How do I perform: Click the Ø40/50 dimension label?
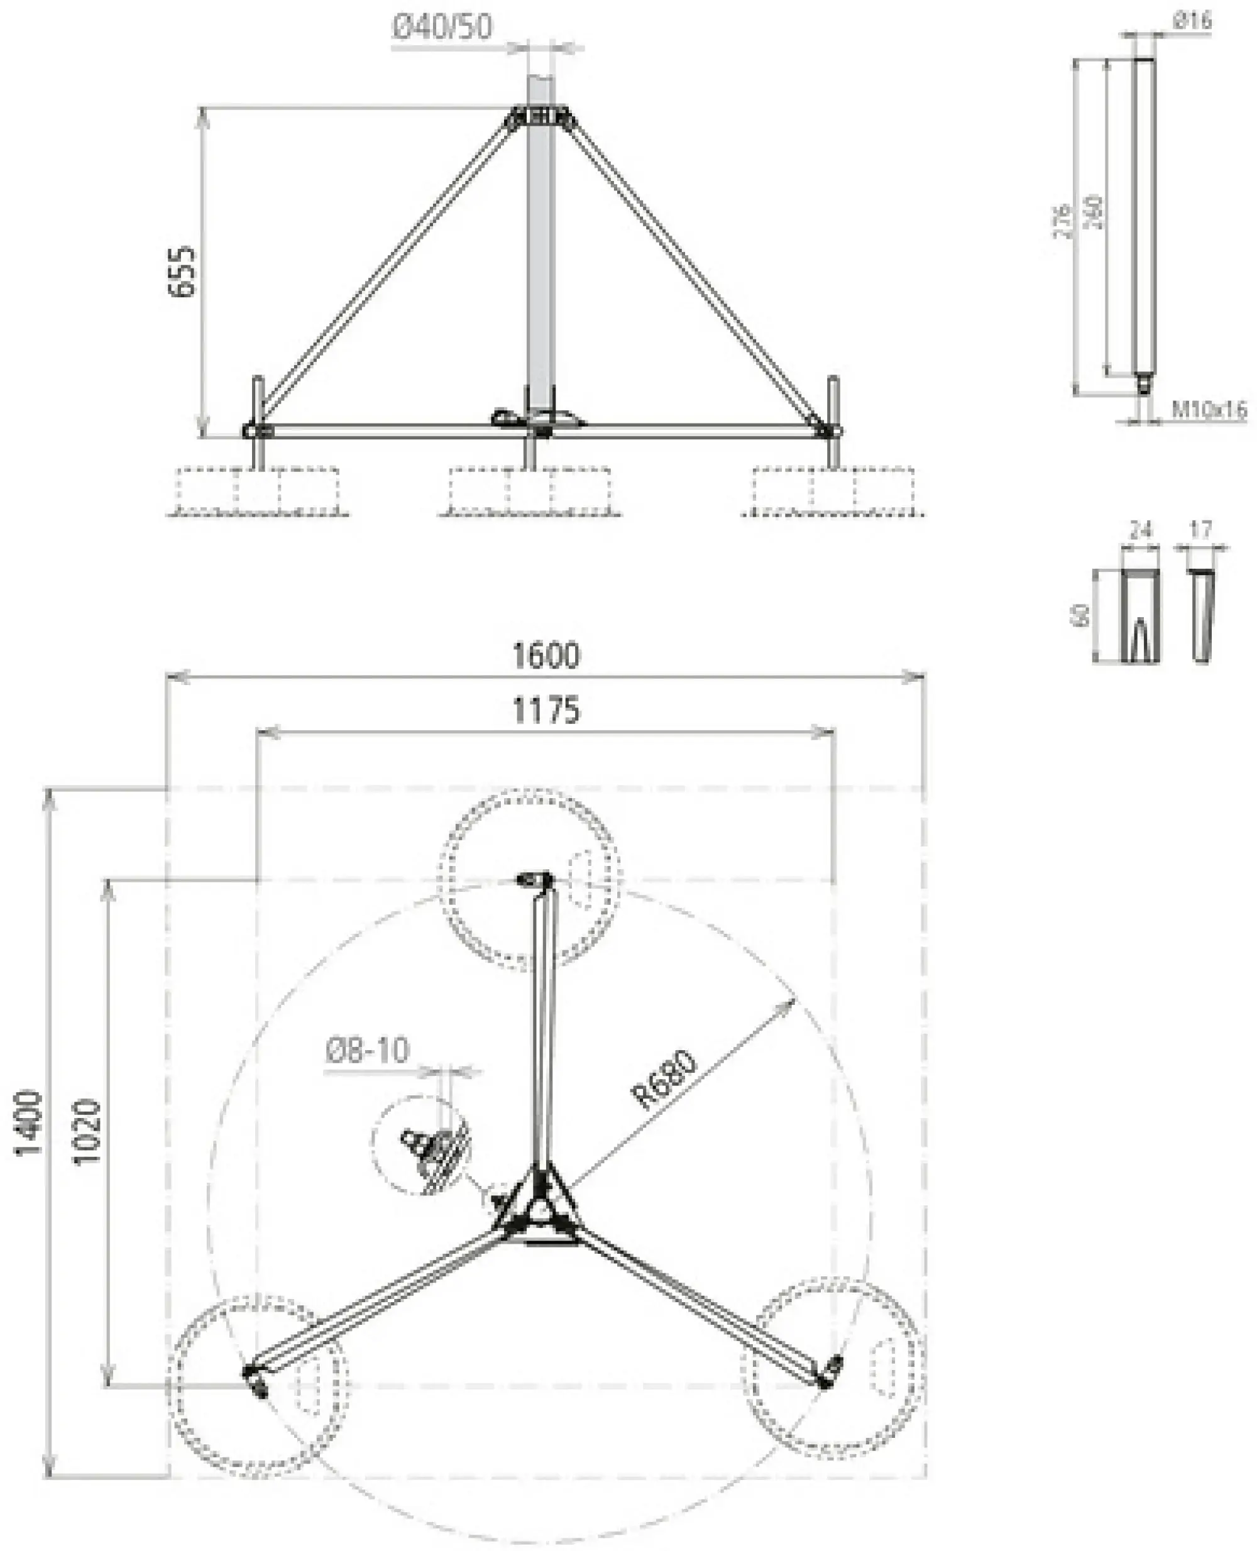point(442,27)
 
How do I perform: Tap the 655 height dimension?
point(182,271)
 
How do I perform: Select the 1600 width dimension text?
point(546,655)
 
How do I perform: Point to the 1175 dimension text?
point(546,711)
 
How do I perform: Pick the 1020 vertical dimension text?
point(87,1132)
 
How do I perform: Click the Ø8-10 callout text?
point(367,1050)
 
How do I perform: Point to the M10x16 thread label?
point(1209,410)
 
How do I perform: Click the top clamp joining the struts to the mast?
point(539,118)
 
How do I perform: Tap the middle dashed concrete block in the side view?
point(529,490)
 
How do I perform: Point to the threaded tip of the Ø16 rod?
point(1143,384)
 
